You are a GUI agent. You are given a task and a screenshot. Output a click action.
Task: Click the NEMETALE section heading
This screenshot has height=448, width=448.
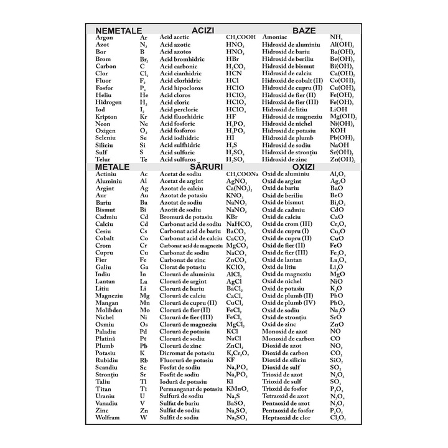coord(118,30)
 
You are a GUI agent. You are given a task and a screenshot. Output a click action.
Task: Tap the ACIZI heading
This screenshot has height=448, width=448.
coord(203,30)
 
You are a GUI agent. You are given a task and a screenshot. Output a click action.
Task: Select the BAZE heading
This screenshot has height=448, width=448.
coord(304,30)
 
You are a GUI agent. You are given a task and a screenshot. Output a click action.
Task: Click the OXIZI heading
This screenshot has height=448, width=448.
coord(304,167)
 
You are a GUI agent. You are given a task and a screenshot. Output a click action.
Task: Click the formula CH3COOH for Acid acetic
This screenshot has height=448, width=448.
coord(241,37)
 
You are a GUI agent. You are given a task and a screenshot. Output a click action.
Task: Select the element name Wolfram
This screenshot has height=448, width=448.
coord(107,418)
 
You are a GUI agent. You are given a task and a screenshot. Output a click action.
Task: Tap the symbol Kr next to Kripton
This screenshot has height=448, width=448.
coord(144,116)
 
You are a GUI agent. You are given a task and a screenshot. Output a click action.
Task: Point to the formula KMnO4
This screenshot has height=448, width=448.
coord(237,389)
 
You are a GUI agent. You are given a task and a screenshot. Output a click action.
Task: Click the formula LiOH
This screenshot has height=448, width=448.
coord(339,110)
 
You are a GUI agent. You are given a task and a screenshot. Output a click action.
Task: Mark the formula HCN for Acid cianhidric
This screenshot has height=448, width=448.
coord(234,73)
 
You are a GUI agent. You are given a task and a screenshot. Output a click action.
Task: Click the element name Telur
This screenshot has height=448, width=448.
coord(103,159)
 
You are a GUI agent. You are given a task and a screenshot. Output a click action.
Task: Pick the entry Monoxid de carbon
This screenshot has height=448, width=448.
coord(288,338)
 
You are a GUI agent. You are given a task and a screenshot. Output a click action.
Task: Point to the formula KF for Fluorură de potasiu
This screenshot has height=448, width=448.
coord(231,360)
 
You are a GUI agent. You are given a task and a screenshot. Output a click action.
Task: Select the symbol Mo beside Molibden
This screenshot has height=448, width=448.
coord(145,310)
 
